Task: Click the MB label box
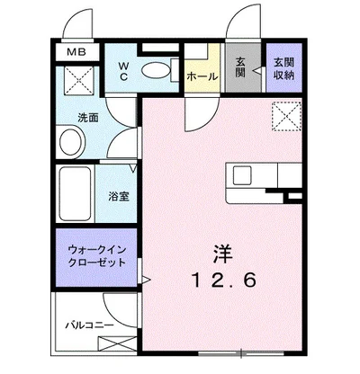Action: click(76, 53)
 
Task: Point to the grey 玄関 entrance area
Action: click(240, 67)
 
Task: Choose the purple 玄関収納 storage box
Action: click(283, 67)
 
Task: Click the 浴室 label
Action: click(118, 194)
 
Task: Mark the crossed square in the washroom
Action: click(76, 85)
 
